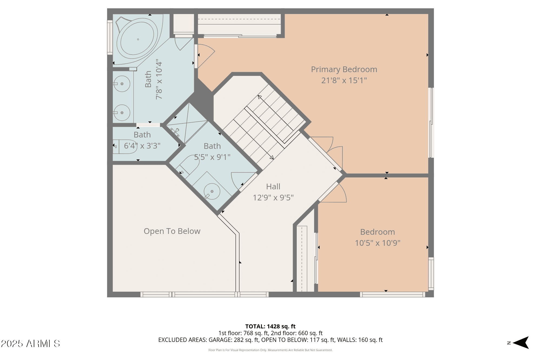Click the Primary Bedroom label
click(x=344, y=69)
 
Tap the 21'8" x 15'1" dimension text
click(x=344, y=80)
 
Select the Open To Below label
click(x=172, y=231)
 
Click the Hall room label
click(x=273, y=187)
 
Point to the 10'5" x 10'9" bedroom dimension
click(x=378, y=243)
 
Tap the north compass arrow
click(x=521, y=343)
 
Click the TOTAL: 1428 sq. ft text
click(x=270, y=327)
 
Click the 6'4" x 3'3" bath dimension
click(x=142, y=146)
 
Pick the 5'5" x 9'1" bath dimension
click(x=212, y=157)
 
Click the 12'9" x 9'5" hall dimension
click(x=273, y=198)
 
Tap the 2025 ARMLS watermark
click(x=30, y=344)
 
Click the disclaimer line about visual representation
click(x=270, y=350)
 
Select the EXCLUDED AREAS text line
click(x=270, y=340)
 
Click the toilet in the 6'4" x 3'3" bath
click(x=125, y=147)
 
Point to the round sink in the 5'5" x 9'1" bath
click(x=212, y=191)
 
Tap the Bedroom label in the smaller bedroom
click(x=378, y=232)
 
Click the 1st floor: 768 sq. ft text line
click(x=270, y=333)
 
